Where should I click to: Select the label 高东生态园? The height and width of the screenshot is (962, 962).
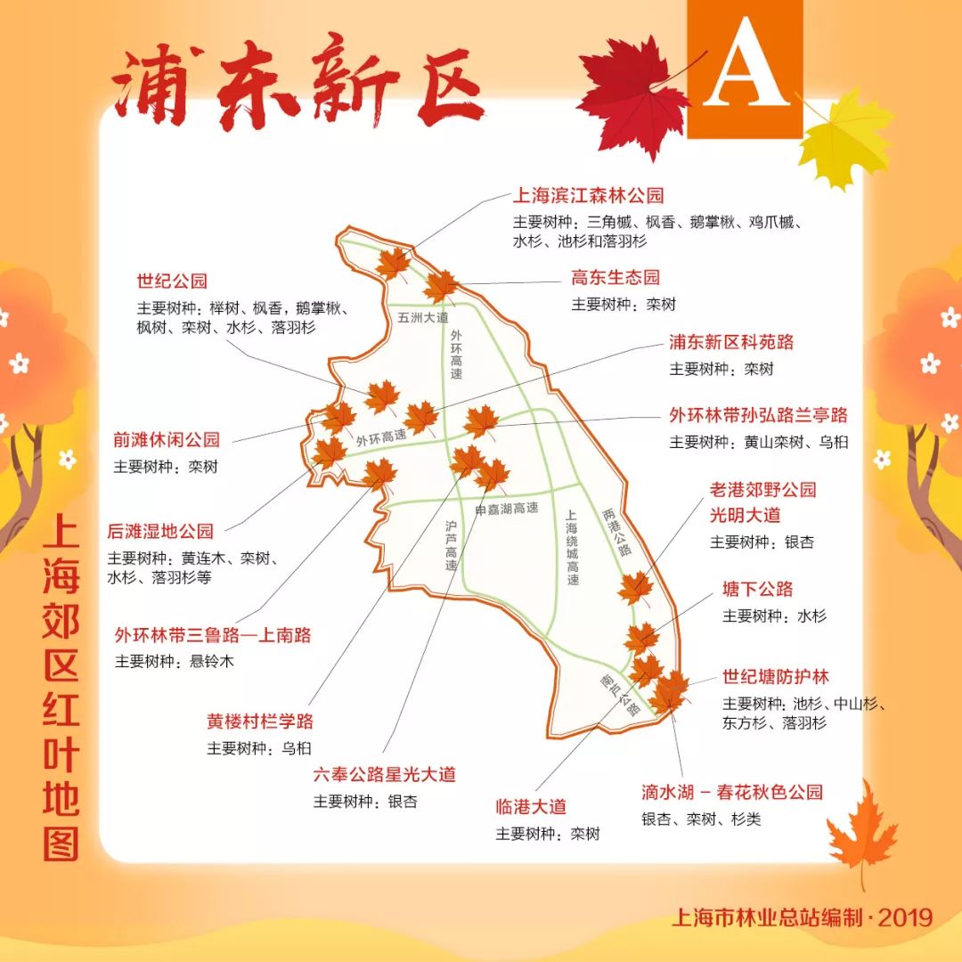click(616, 278)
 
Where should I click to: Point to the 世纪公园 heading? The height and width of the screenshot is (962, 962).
click(172, 281)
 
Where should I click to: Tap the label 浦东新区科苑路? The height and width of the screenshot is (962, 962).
click(731, 342)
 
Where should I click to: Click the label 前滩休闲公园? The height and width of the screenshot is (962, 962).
click(166, 440)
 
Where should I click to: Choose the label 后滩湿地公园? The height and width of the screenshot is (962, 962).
click(160, 532)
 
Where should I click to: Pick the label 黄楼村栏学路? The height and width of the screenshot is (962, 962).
click(260, 721)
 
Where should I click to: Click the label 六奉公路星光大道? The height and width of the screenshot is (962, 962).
click(384, 775)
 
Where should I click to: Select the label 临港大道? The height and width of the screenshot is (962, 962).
click(531, 808)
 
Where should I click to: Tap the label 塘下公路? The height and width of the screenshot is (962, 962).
click(757, 590)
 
